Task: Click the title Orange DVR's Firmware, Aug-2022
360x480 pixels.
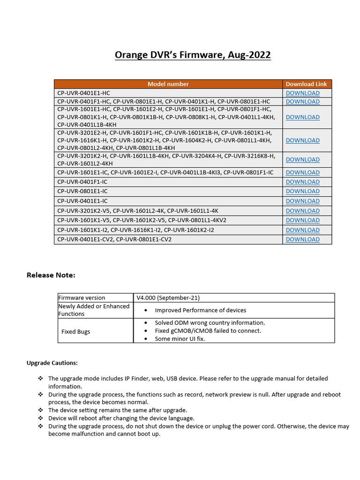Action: point(193,55)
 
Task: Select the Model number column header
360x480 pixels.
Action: point(168,84)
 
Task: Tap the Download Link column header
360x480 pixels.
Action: point(306,84)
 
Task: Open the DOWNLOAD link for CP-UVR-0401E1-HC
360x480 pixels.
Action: point(302,93)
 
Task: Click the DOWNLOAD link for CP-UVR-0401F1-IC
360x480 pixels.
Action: point(302,181)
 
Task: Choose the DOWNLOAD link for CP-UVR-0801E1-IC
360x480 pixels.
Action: point(302,191)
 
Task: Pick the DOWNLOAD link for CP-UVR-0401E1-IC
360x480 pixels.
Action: point(302,201)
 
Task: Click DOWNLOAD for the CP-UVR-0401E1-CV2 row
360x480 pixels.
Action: point(302,240)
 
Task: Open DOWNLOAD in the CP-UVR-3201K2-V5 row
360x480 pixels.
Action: point(302,211)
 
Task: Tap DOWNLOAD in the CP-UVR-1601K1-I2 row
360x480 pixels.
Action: point(302,230)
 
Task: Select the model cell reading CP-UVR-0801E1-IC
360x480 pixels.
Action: point(82,191)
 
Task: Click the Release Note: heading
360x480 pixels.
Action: point(51,275)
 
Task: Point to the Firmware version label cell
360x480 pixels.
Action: point(82,298)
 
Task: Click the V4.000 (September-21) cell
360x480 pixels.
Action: point(168,298)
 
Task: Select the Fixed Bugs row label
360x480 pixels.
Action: point(75,331)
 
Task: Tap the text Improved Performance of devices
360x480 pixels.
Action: point(200,310)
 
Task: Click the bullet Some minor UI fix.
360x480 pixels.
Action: point(180,339)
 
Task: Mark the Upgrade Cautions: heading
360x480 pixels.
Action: point(52,363)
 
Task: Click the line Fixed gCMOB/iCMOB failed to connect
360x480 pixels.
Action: point(208,331)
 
